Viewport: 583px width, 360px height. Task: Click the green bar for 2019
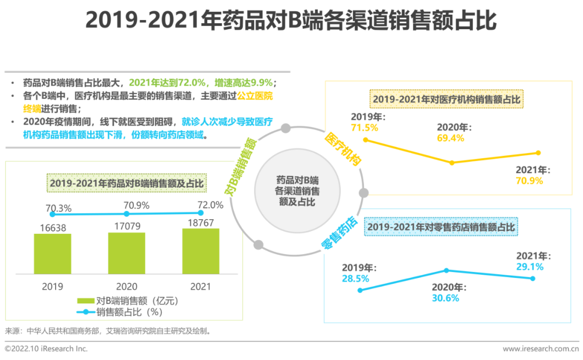52,254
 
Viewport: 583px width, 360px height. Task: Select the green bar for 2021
201,251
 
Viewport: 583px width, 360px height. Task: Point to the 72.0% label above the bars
210,205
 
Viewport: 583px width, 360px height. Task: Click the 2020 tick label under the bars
127,287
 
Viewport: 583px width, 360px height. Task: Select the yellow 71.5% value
364,128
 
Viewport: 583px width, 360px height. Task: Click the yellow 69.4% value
450,138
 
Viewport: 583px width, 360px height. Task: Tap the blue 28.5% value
355,279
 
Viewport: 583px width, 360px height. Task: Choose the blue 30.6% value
445,298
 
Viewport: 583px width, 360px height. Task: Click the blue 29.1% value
530,267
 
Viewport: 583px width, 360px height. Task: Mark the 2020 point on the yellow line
452,162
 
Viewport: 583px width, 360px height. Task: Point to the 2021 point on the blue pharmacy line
533,279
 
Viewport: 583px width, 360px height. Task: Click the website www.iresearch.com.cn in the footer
540,349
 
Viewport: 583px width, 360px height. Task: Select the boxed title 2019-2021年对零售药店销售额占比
442,227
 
